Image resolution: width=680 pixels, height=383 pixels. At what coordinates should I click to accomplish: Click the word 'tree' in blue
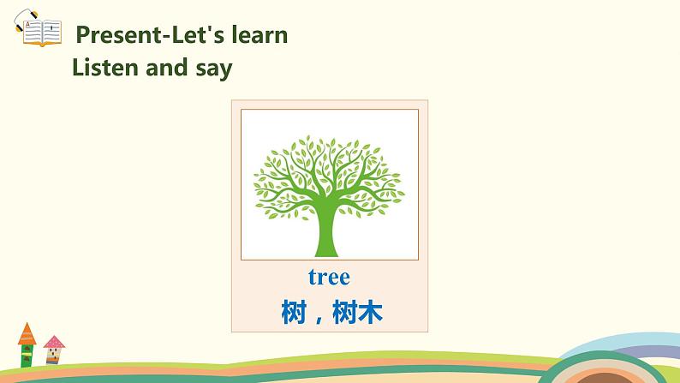(329, 278)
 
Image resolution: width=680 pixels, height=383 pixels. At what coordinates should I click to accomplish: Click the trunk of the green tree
(326, 233)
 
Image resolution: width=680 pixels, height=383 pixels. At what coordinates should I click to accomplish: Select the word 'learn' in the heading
(259, 35)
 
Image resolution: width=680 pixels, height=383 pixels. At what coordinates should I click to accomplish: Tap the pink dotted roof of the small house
(54, 343)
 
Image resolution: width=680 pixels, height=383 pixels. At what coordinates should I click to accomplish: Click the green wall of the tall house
(27, 356)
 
